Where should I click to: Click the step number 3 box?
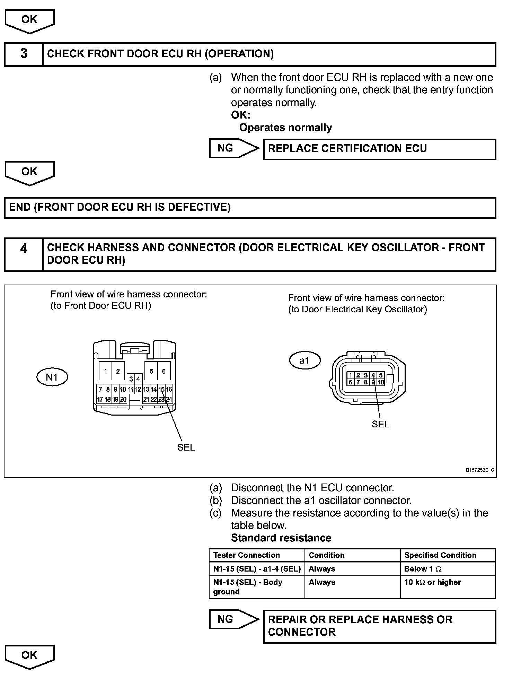coord(24,54)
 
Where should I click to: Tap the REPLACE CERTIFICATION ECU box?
coord(379,149)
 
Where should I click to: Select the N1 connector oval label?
coord(52,377)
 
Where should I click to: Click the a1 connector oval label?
coord(304,360)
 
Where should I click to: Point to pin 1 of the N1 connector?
coord(105,371)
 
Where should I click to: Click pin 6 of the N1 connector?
coord(164,371)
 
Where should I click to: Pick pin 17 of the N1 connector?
coord(100,399)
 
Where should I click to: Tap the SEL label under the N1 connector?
coord(186,447)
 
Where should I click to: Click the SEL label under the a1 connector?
coord(380,424)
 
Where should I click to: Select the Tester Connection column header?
coord(246,555)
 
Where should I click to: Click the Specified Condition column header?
coord(440,555)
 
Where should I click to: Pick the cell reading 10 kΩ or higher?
coord(432,582)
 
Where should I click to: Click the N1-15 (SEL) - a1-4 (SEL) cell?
coord(257,569)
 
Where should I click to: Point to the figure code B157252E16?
coord(479,470)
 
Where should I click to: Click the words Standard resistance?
coord(281,538)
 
